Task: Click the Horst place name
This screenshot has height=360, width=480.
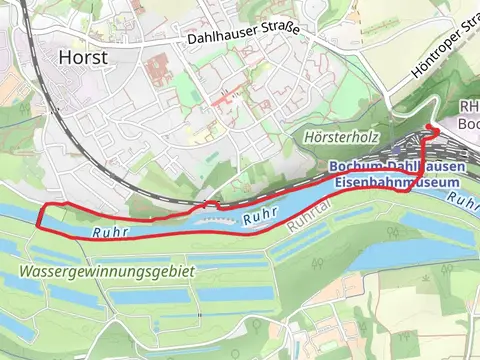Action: tap(83, 57)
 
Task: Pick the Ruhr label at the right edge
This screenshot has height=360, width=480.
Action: tap(467, 200)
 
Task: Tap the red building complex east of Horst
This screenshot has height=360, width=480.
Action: tap(158, 71)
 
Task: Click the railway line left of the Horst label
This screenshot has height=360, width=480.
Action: tap(40, 60)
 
